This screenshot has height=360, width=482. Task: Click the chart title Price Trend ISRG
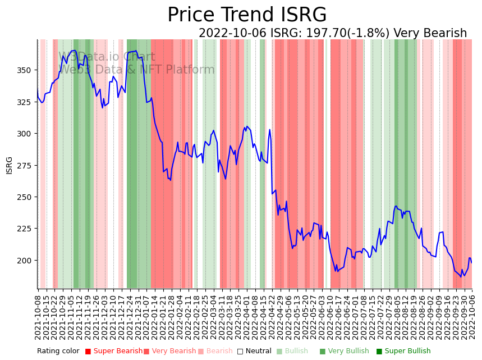pos(247,15)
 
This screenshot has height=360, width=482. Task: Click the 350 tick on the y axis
pos(26,70)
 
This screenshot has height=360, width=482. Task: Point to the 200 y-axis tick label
pos(26,261)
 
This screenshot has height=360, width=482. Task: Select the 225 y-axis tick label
pos(26,229)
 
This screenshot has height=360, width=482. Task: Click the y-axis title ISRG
pos(10,165)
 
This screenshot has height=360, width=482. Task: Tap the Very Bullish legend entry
pos(345,352)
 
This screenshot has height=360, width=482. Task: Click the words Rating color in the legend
pos(58,352)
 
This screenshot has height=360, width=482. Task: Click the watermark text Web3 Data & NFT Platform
pos(136,70)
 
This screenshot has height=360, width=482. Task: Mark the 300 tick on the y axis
pos(26,134)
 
